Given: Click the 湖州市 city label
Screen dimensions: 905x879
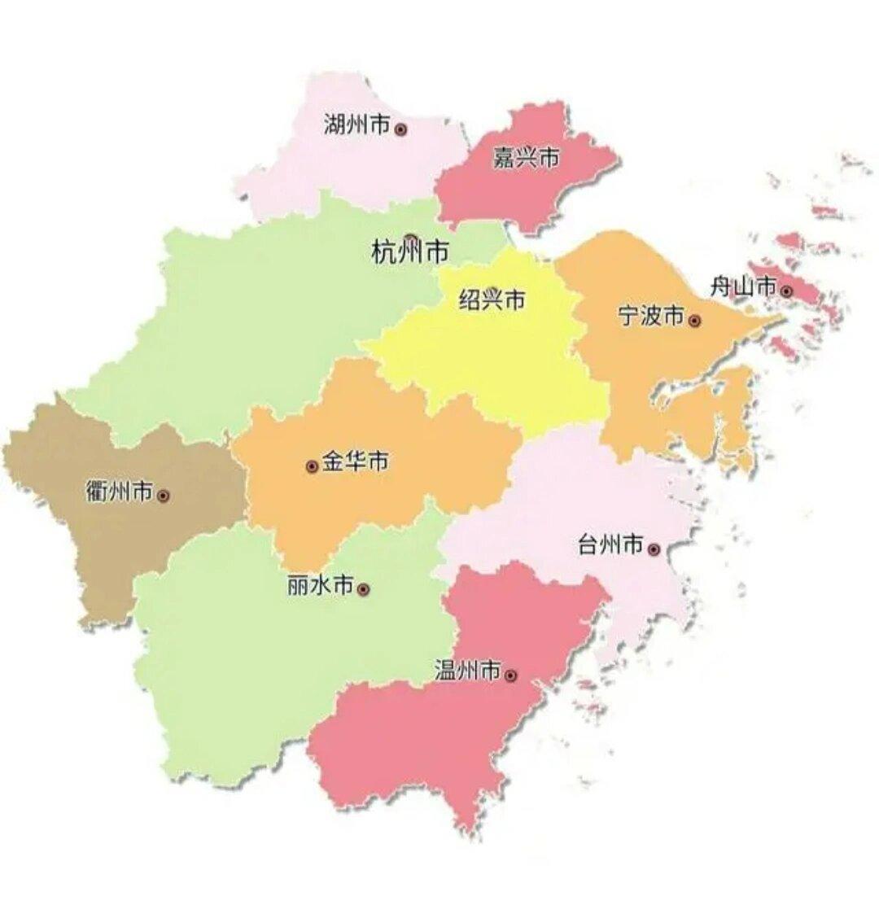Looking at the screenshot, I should click(356, 126).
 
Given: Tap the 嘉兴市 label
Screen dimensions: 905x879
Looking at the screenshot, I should click(527, 157).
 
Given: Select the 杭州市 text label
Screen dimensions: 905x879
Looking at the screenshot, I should click(409, 252).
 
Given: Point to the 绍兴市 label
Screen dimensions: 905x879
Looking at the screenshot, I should click(492, 300).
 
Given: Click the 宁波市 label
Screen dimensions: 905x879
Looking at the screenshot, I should click(651, 317).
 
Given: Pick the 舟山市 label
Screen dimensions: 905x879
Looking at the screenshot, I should click(743, 286).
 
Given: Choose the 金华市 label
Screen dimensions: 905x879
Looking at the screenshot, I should click(355, 462).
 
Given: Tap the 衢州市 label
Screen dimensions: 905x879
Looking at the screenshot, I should click(119, 492).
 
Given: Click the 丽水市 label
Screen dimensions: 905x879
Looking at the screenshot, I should click(321, 585).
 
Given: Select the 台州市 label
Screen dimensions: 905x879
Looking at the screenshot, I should click(610, 545).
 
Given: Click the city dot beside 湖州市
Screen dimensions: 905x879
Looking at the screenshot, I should click(400, 129).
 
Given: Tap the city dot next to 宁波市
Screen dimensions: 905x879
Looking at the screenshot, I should click(694, 321).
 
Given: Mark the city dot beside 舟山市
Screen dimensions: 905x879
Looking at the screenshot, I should click(786, 291).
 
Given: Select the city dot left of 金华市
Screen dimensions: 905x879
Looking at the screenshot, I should click(312, 466).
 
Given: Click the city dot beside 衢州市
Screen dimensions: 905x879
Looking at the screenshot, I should click(164, 495).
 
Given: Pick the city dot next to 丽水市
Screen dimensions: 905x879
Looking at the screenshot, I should click(364, 588).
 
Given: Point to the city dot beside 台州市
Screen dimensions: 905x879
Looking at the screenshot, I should click(654, 549).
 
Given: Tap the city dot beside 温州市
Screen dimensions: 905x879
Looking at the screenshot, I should click(510, 675).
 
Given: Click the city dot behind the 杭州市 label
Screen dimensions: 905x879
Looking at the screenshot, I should click(411, 240).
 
